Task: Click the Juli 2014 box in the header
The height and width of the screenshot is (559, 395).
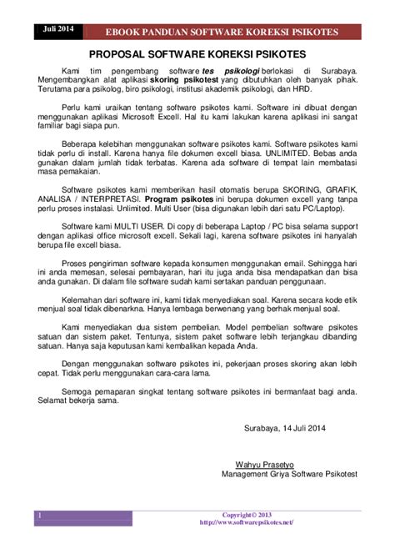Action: (54, 29)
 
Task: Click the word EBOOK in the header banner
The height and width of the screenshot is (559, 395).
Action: (133, 32)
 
